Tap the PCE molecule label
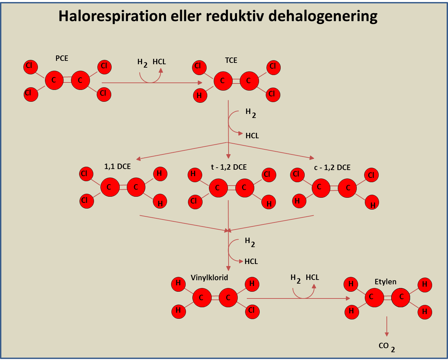coord(62,58)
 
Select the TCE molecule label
coord(231,61)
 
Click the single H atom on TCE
coord(200,95)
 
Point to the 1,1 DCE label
coord(117,166)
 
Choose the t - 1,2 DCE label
coord(229,167)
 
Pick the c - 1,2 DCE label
coord(332,167)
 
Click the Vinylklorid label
coord(209,278)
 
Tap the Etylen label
coord(385,282)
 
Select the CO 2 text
coord(386,346)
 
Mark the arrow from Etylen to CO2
coord(387,326)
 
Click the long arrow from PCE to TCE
coord(152,82)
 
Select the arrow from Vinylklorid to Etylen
coord(298,298)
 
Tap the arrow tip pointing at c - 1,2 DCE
coord(312,158)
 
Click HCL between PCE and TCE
coord(159,62)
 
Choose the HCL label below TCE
coord(252,136)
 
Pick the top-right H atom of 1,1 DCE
coord(160,174)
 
